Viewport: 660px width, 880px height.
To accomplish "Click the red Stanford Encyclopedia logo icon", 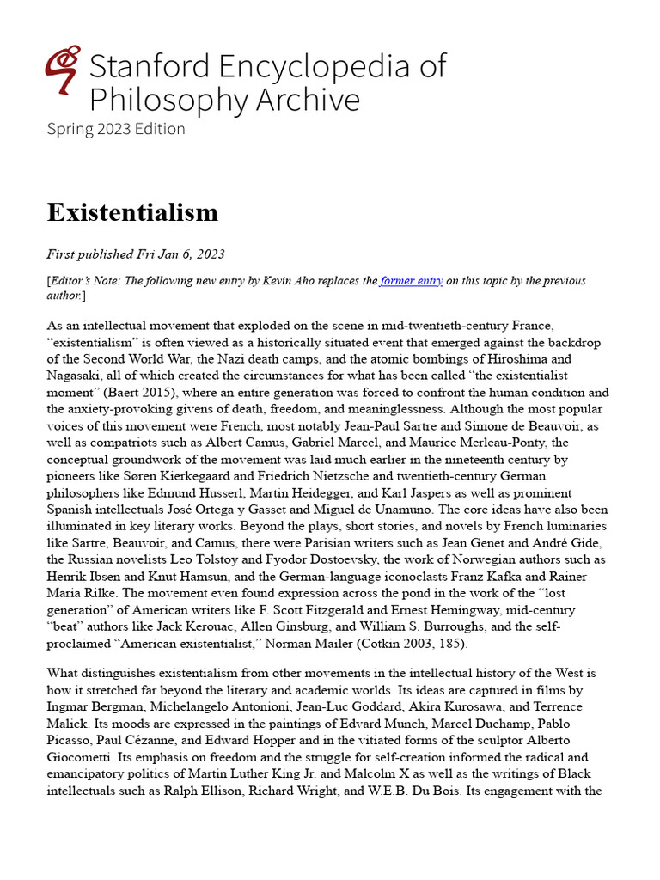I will pos(63,70).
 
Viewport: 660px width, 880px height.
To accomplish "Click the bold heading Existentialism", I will pos(132,212).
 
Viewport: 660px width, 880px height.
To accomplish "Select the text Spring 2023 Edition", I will pos(116,129).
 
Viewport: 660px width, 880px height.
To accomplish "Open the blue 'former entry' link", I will pos(411,281).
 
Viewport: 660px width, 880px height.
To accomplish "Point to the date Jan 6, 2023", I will pos(187,254).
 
